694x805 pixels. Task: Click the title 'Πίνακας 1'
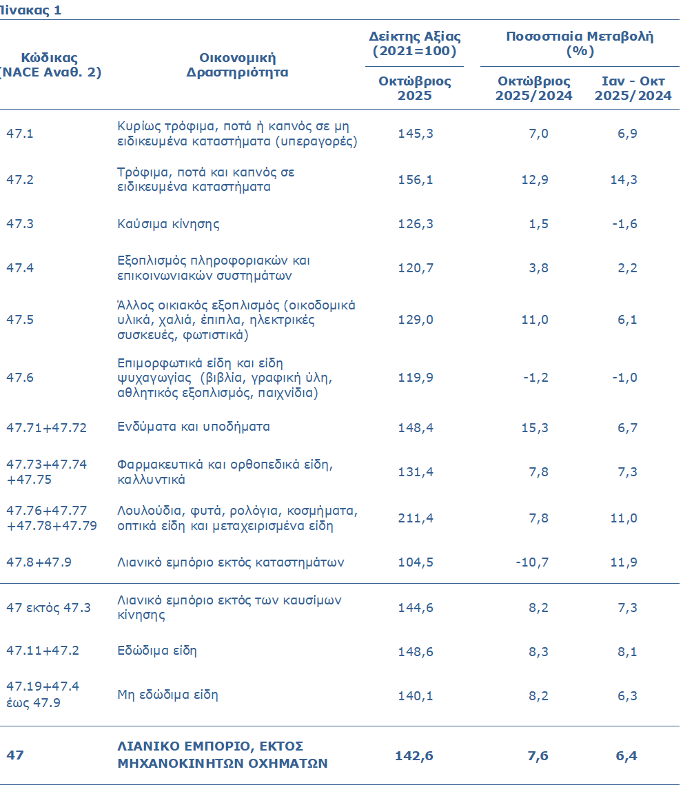pyautogui.click(x=31, y=10)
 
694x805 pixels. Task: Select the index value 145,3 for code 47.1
pyautogui.click(x=416, y=134)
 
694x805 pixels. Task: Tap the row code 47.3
pyautogui.click(x=20, y=225)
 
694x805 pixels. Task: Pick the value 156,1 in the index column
pyautogui.click(x=416, y=180)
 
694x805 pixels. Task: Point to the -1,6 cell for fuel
pyautogui.click(x=627, y=225)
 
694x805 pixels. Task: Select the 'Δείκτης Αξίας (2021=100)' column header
pyautogui.click(x=415, y=44)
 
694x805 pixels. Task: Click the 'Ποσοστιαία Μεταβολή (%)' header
pyautogui.click(x=580, y=44)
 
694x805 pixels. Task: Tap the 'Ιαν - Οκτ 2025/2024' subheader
pyautogui.click(x=633, y=88)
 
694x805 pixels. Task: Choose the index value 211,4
pyautogui.click(x=416, y=518)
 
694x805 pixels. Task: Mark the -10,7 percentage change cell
pyautogui.click(x=532, y=562)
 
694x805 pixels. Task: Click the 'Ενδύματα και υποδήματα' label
pyautogui.click(x=194, y=427)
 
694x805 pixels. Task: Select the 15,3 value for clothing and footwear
pyautogui.click(x=535, y=428)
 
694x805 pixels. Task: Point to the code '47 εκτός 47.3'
pyautogui.click(x=48, y=608)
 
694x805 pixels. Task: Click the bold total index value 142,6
pyautogui.click(x=414, y=756)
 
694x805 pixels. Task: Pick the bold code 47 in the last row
pyautogui.click(x=15, y=755)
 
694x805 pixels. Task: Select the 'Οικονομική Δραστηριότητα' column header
pyautogui.click(x=237, y=65)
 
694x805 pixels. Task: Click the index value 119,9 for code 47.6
pyautogui.click(x=416, y=378)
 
